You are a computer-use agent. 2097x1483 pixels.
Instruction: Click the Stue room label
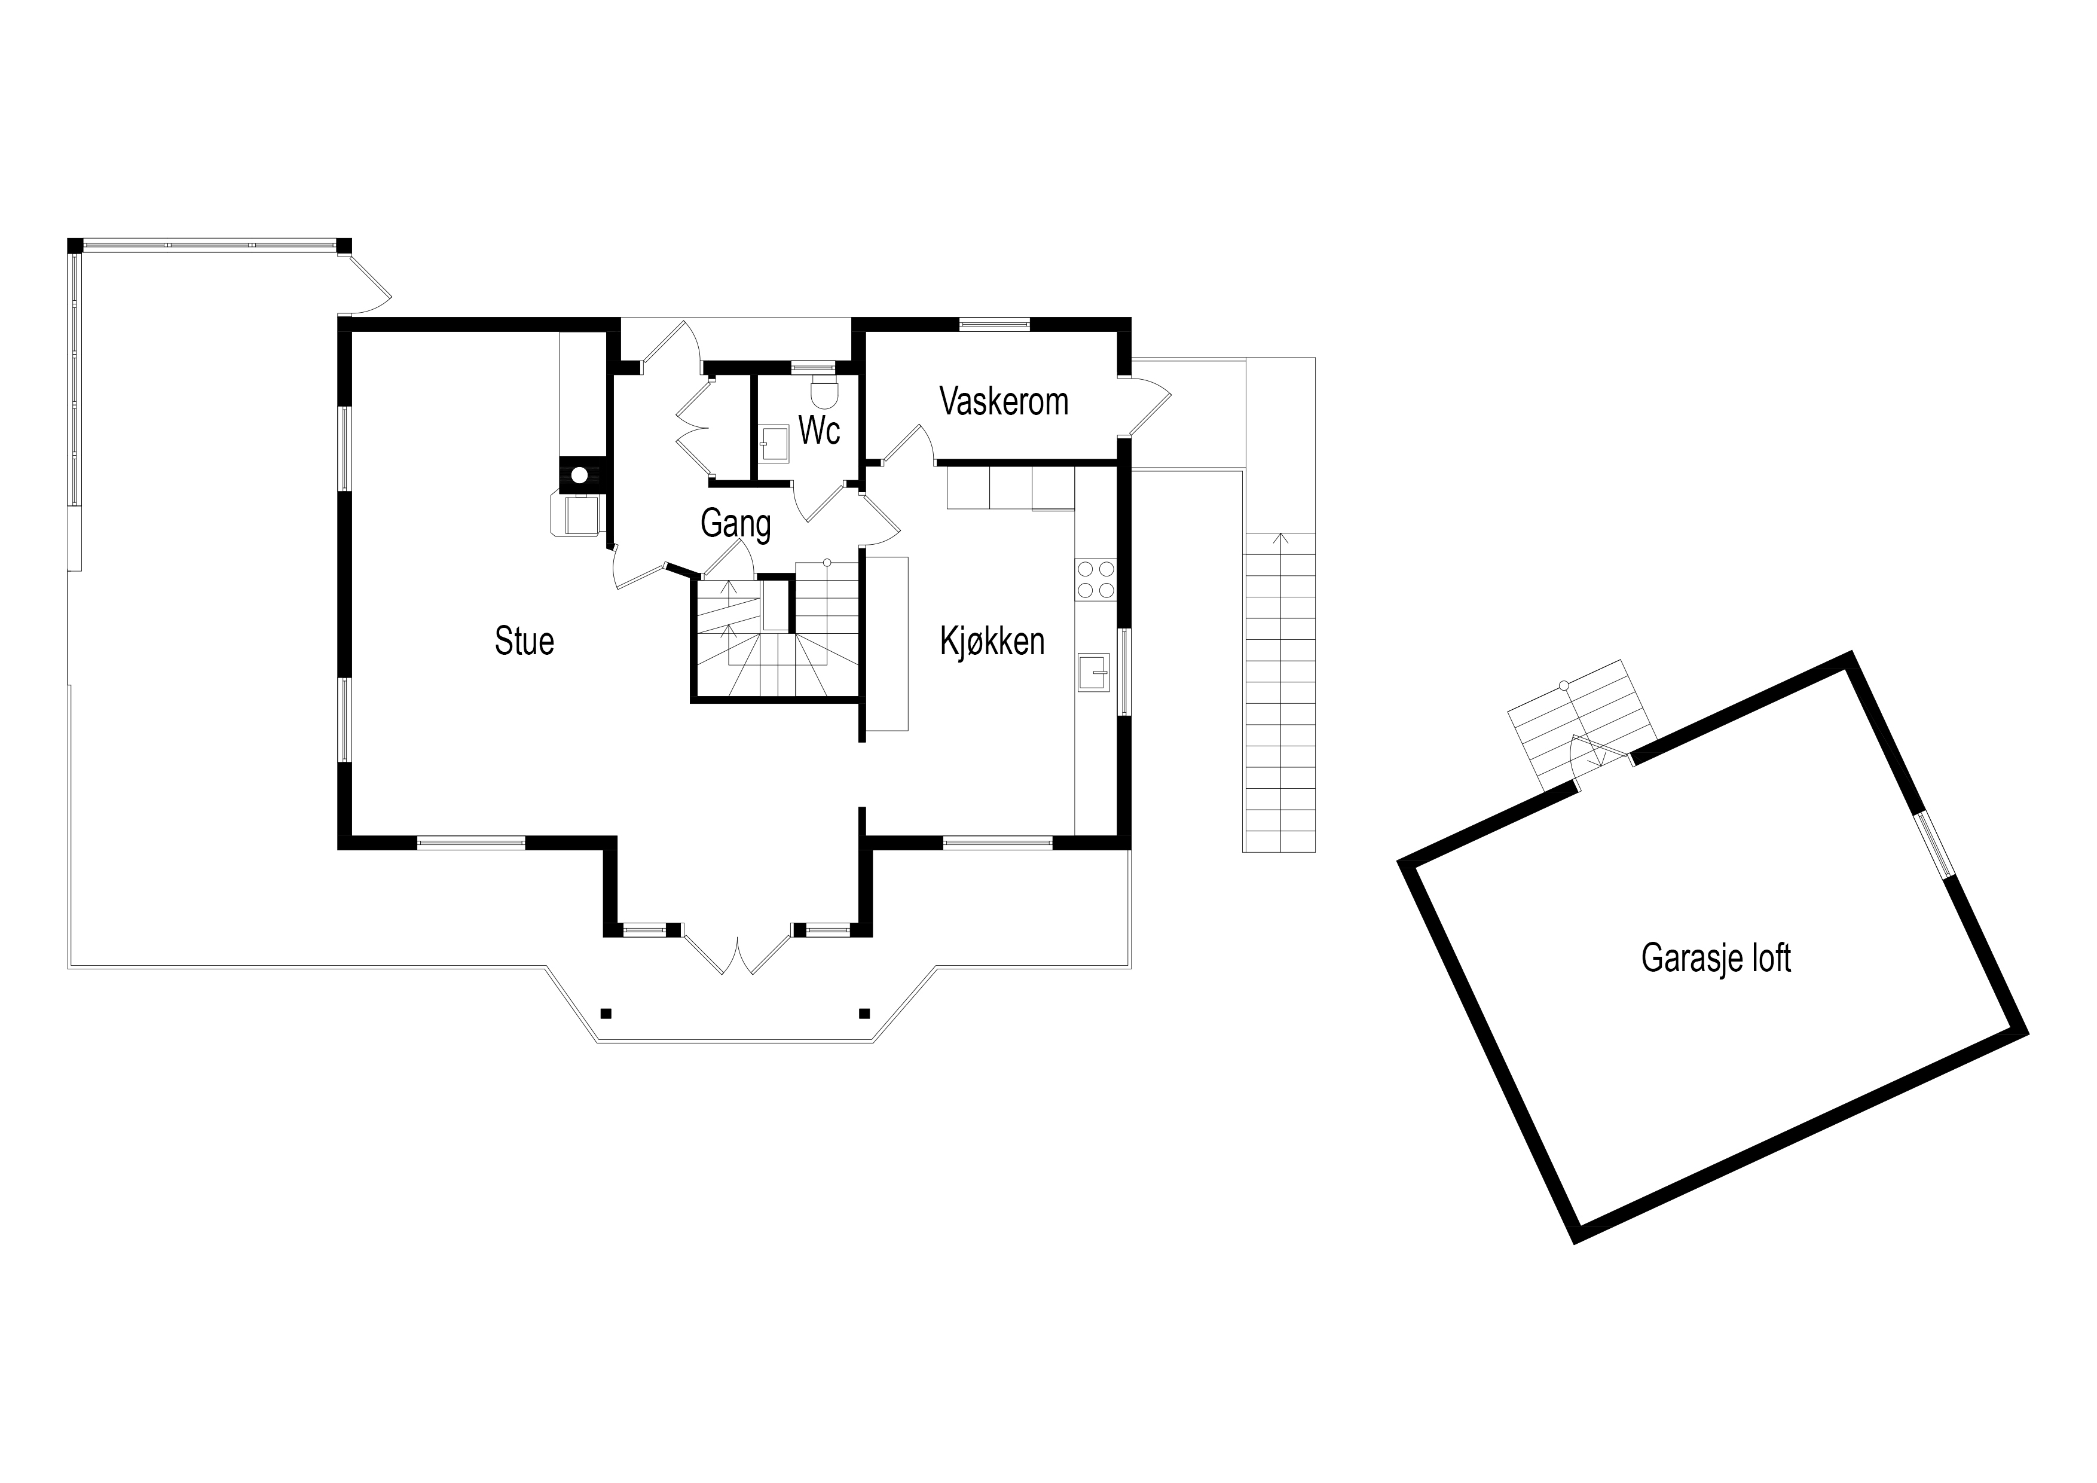tap(524, 642)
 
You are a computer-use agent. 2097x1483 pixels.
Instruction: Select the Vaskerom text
tap(1004, 402)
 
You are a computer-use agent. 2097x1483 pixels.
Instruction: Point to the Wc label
tap(820, 431)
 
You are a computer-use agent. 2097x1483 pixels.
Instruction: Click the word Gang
tap(735, 524)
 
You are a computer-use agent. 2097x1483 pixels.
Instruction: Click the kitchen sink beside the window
tap(1093, 673)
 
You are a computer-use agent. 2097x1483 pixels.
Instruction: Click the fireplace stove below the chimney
tap(576, 514)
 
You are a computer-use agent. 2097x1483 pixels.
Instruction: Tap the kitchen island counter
tap(887, 643)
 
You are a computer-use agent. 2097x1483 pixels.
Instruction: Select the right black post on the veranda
tap(864, 1012)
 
